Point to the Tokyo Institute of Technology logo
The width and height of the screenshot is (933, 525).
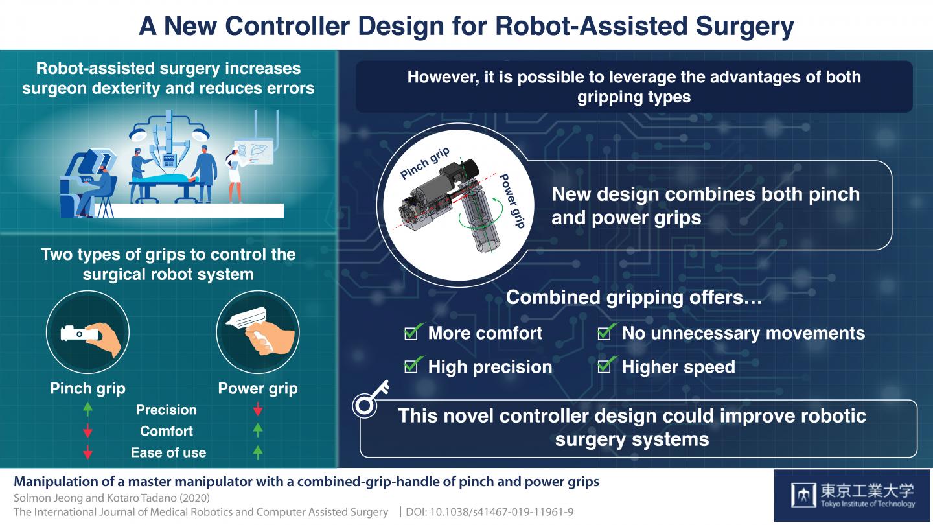coord(853,496)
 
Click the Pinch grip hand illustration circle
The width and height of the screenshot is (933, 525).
coord(88,333)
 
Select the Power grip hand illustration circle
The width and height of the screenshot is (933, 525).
coord(257,333)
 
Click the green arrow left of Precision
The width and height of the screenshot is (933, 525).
coord(88,410)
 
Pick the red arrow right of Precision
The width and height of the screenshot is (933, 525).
coord(258,410)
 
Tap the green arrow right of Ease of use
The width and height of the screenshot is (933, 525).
coord(258,452)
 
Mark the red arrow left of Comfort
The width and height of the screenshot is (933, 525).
coord(88,431)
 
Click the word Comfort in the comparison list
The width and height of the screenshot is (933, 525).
coord(167,431)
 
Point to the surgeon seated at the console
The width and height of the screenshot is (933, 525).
coord(91,188)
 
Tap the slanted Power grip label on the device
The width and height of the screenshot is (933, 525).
coord(511,201)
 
